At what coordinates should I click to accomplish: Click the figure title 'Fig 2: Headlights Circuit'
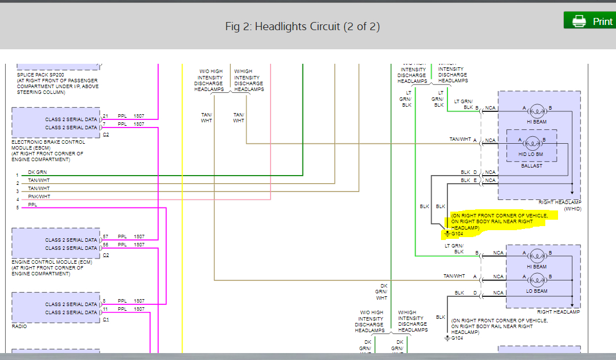point(302,27)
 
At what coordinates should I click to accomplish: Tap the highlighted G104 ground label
point(457,234)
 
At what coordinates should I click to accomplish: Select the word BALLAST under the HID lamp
point(531,166)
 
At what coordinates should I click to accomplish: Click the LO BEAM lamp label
point(536,291)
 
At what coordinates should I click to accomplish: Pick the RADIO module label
point(20,326)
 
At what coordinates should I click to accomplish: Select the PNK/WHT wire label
point(39,197)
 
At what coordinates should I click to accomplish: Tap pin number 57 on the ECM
point(105,237)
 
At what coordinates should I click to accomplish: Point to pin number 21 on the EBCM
point(105,115)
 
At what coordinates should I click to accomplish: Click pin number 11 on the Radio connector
point(104,310)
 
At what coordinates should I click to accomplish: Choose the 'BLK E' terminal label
point(469,180)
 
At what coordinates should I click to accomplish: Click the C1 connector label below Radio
point(106,319)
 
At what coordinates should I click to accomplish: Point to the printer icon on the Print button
point(578,21)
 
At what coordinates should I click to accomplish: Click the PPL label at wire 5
point(33,205)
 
